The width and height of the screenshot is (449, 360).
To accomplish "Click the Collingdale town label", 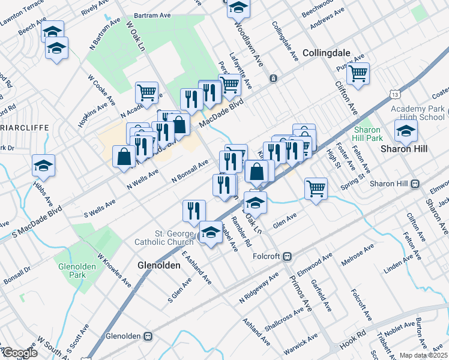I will click(x=326, y=53).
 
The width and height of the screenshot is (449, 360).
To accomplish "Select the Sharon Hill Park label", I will click(x=368, y=134).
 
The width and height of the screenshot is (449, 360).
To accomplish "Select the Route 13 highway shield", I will click(x=394, y=94).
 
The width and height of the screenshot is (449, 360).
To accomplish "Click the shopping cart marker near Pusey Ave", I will click(x=358, y=74).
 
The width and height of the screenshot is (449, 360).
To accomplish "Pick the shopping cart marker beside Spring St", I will click(x=316, y=189).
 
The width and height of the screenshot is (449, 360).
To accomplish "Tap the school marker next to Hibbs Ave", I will click(x=44, y=166).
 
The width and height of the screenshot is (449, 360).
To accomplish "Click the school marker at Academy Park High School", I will click(x=406, y=130).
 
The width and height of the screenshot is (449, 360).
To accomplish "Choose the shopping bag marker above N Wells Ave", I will click(x=124, y=156).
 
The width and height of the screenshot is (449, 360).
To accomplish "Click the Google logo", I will click(x=19, y=353).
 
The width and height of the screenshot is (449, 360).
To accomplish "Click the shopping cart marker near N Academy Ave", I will click(x=146, y=92).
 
